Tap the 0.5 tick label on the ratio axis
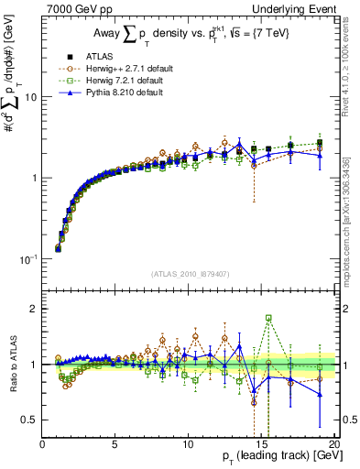[31, 420]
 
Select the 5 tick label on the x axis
[115, 444]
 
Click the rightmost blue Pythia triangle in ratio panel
[320, 395]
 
